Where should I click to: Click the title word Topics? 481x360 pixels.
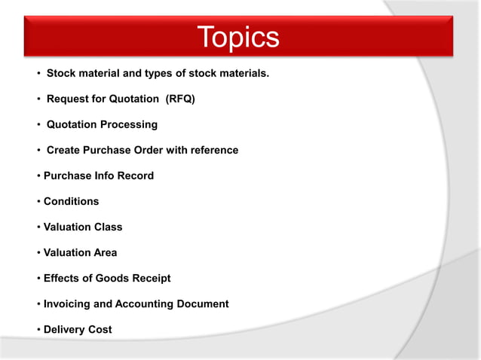coord(238,38)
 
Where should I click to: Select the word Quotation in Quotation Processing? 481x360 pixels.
coord(72,124)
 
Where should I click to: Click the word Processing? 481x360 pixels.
coord(129,124)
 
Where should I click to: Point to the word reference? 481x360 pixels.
coord(214,150)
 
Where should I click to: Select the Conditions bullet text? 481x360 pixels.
coord(71,201)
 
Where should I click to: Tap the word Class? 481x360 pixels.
coord(108,227)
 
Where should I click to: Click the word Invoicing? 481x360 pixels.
coord(69,304)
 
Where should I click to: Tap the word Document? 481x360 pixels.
coord(204,304)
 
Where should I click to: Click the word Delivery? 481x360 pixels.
coord(66,329)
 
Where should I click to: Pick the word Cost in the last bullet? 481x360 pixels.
coord(101,329)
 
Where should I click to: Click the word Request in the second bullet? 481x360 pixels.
coord(68,99)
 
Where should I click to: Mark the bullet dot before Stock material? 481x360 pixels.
coord(38,74)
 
